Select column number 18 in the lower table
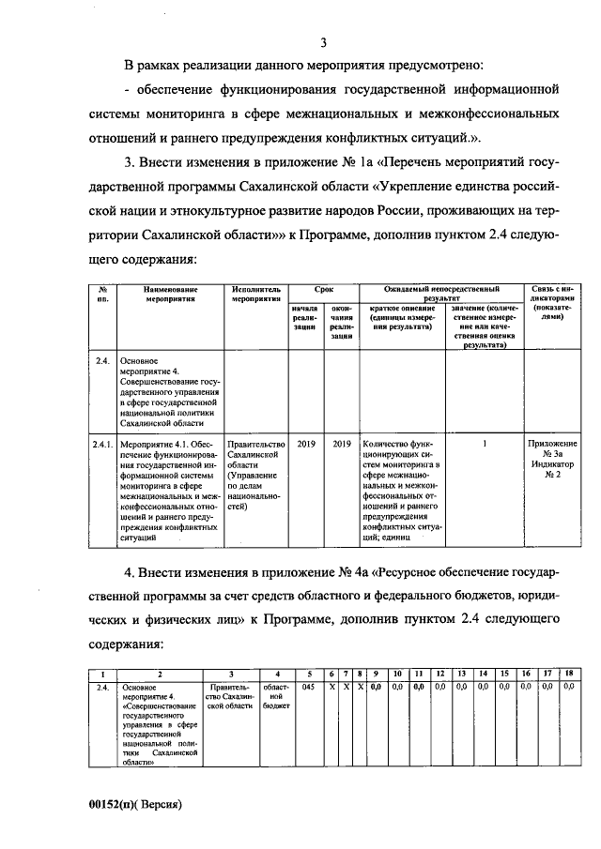pos(567,674)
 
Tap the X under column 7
pos(346,687)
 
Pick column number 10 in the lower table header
pos(397,674)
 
